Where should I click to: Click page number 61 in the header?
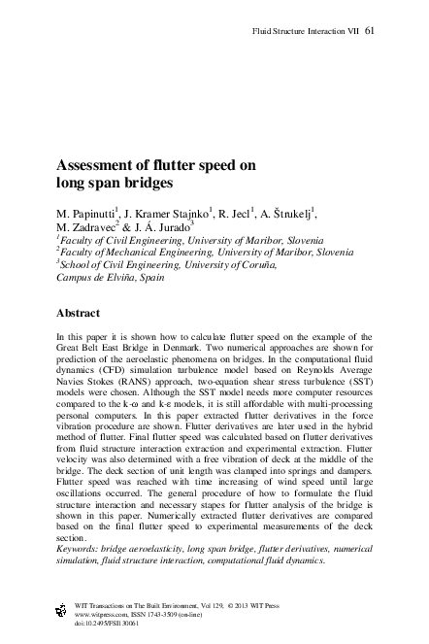click(x=370, y=30)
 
